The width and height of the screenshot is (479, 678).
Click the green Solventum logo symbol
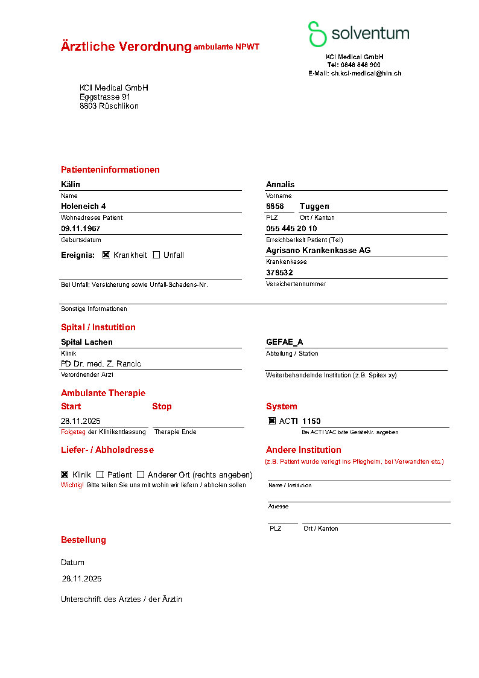coord(317,34)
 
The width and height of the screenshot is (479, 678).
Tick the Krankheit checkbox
coord(106,255)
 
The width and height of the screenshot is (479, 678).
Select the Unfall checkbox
coord(156,255)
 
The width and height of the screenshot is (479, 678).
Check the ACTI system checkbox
coord(272,421)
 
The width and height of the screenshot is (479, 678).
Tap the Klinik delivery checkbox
coord(65,475)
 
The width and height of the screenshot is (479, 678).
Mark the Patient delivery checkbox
coord(100,475)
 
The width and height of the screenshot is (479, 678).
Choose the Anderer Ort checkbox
coord(141,475)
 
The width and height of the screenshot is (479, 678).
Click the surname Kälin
coord(71,184)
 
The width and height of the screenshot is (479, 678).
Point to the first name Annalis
coord(280,184)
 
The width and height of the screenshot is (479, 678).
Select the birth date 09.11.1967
coord(81,228)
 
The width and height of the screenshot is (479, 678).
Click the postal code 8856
coord(275,206)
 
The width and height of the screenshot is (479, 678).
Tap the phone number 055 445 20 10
coord(291,228)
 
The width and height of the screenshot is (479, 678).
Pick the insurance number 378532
coord(279,272)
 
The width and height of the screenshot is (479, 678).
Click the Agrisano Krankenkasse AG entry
coord(319,250)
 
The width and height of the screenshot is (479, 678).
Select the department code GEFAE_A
coord(285,342)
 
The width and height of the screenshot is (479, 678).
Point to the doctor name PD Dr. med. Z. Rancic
coord(101,363)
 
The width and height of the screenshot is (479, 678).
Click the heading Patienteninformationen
coord(110,170)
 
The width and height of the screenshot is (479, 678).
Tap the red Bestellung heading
coord(83,540)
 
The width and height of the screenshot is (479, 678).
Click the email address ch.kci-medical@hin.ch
coord(366,73)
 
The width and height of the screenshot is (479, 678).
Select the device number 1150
coord(311,421)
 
